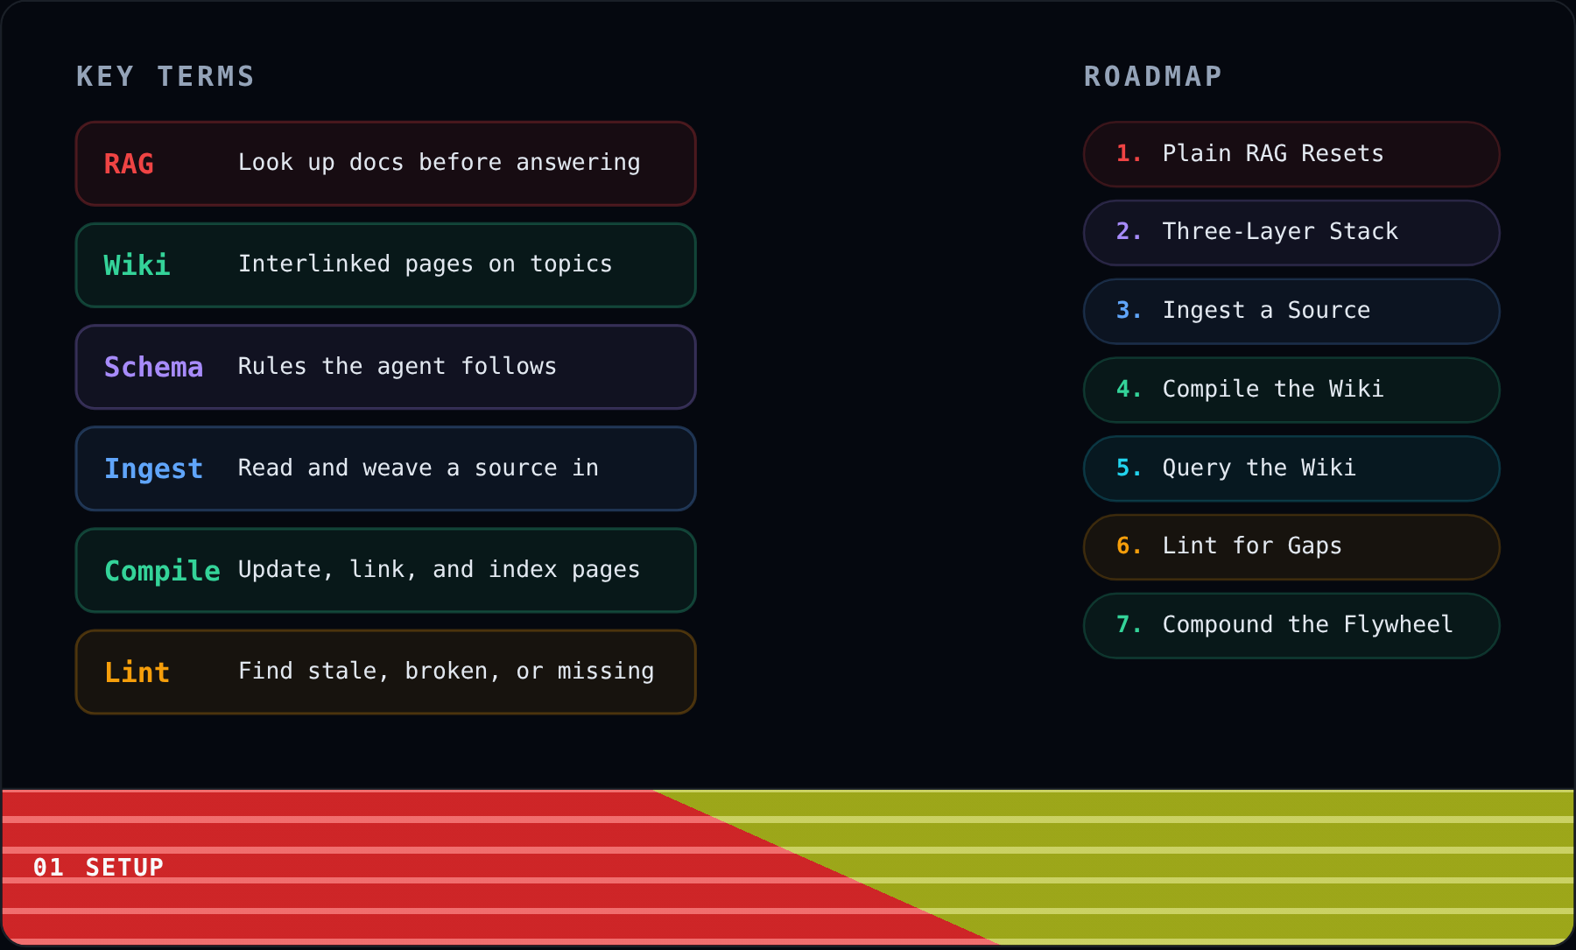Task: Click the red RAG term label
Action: (129, 164)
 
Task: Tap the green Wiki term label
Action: (137, 265)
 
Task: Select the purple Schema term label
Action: (153, 367)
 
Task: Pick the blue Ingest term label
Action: (153, 469)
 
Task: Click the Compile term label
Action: (162, 571)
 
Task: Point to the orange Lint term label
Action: (137, 672)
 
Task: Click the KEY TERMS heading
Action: (165, 77)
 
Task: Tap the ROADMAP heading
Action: (1153, 77)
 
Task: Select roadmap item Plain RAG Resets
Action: (1291, 154)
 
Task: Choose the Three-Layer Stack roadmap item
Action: (1291, 233)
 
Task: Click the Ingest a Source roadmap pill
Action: (1291, 312)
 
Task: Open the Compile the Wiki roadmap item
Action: (1291, 390)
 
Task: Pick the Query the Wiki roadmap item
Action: (1291, 468)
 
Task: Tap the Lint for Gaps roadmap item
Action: (1291, 547)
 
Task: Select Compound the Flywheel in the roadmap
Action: (1291, 626)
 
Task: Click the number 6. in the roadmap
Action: (1129, 546)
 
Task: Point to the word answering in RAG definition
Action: (578, 163)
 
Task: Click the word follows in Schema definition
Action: (509, 366)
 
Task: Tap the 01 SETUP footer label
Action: (98, 868)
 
